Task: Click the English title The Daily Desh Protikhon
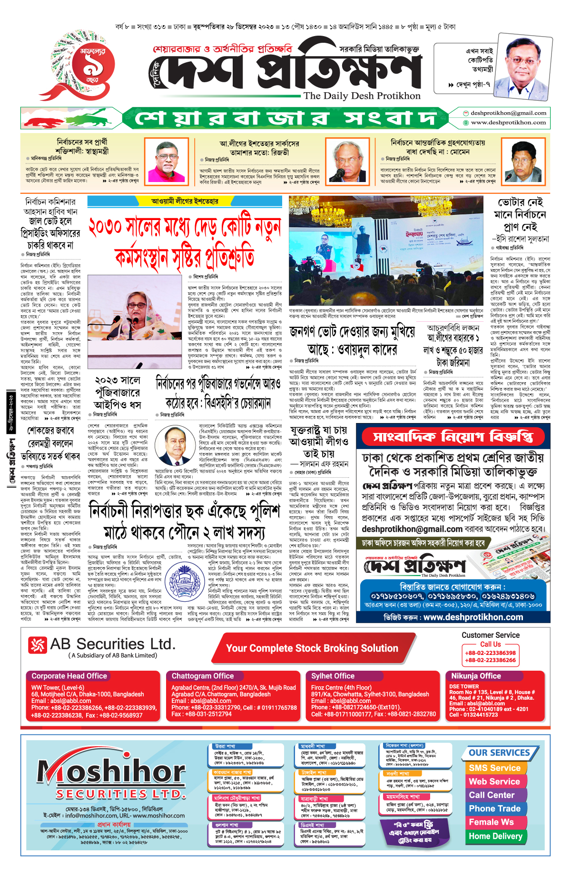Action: pyautogui.click(x=362, y=96)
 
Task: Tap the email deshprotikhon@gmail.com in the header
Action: pyautogui.click(x=508, y=113)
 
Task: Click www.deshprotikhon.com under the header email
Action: pyautogui.click(x=508, y=123)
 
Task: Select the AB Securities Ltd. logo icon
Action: pyautogui.click(x=38, y=645)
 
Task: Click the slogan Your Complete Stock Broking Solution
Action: pyautogui.click(x=312, y=648)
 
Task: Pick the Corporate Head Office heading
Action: pyautogui.click(x=69, y=676)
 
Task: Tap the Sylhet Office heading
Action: pyautogui.click(x=333, y=676)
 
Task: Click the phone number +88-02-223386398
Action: pyautogui.click(x=490, y=653)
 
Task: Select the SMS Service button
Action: pyautogui.click(x=494, y=768)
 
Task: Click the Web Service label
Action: pyautogui.click(x=494, y=781)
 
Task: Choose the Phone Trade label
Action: pyautogui.click(x=494, y=809)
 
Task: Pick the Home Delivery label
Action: pyautogui.click(x=495, y=836)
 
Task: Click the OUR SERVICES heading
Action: pyautogui.click(x=499, y=753)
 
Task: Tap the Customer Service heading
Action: pyautogui.click(x=490, y=635)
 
